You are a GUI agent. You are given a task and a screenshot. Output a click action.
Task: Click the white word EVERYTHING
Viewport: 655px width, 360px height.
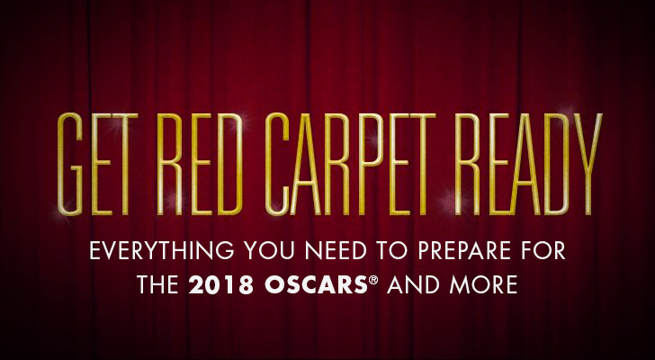tap(162, 250)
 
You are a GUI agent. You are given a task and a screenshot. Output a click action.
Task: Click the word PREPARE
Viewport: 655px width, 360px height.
tap(464, 250)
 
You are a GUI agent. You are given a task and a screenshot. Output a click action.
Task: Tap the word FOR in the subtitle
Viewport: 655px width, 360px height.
tap(543, 250)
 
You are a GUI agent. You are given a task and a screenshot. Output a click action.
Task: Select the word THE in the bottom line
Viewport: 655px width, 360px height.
tap(158, 284)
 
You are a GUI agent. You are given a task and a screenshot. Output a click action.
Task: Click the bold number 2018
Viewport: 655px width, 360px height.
tap(220, 284)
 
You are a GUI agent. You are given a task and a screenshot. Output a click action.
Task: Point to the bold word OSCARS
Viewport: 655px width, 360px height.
tap(316, 284)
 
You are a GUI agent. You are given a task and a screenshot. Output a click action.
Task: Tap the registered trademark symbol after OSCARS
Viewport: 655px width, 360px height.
tap(373, 279)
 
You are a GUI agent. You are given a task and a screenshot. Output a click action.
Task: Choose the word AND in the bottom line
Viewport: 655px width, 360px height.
tap(413, 284)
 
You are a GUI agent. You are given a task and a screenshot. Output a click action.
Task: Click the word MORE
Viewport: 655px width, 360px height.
tap(483, 284)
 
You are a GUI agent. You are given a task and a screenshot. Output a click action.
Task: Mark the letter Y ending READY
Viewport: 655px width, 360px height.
tap(588, 164)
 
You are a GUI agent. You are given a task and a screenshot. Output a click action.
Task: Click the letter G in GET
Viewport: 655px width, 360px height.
tap(70, 164)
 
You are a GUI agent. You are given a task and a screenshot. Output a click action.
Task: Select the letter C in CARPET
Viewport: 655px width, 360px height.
tap(277, 164)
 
